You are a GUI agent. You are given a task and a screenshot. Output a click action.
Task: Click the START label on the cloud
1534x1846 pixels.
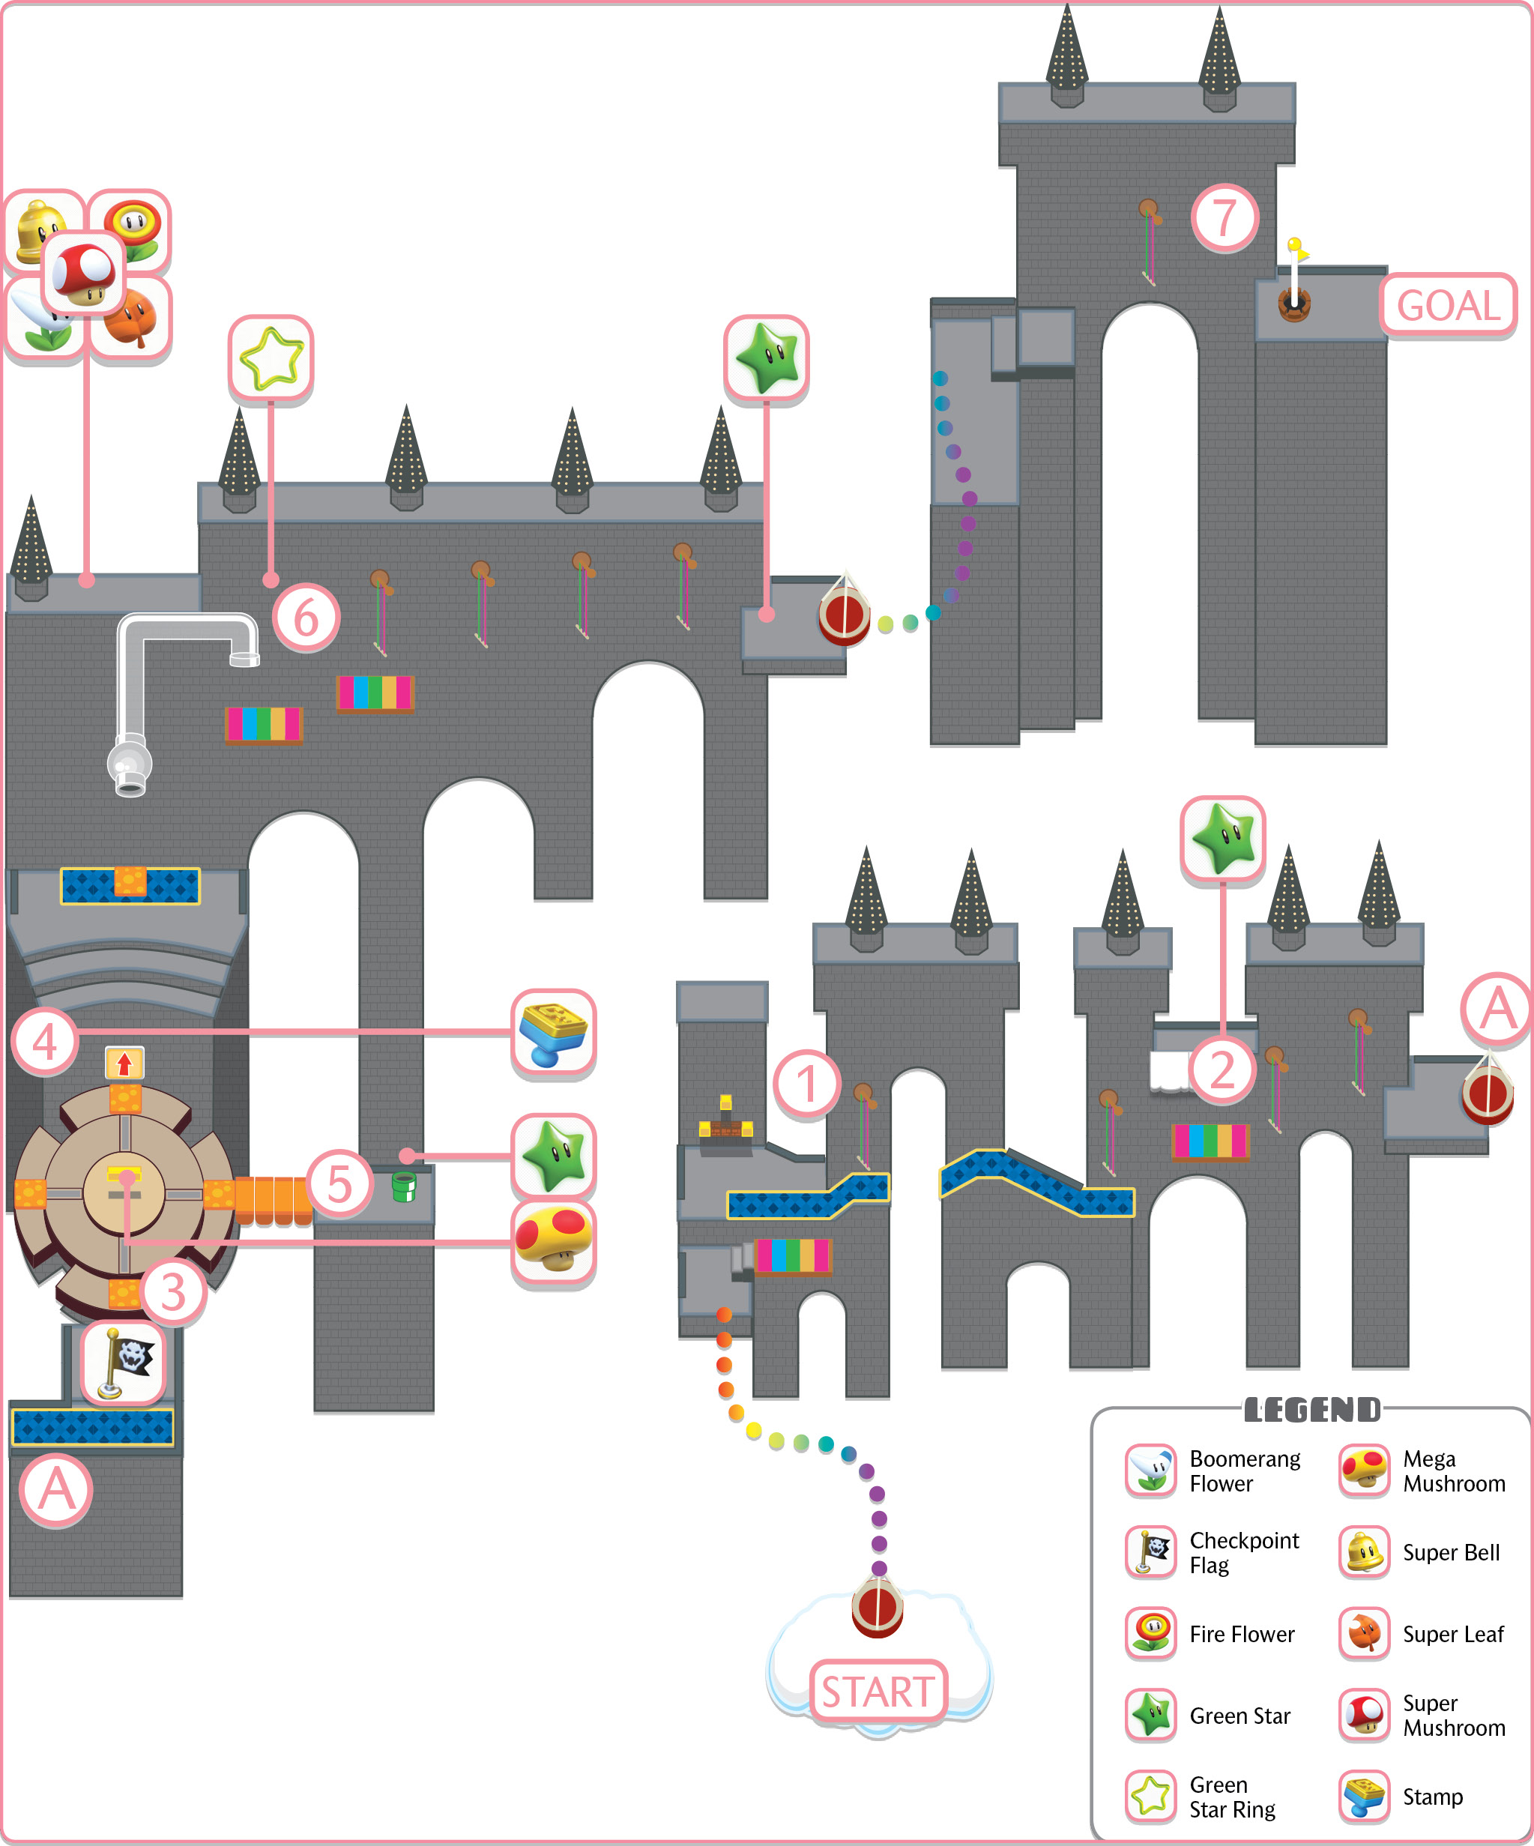pos(878,1692)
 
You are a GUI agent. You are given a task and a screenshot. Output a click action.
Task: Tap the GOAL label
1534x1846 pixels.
pos(1448,305)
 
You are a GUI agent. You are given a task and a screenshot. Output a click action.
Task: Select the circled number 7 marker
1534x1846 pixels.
pos(1225,217)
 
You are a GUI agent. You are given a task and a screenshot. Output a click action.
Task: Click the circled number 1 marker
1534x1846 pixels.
pos(807,1084)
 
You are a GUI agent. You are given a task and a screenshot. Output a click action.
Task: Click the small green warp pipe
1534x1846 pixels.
pos(403,1186)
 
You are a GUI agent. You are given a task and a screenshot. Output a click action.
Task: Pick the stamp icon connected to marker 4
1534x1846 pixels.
pos(553,1032)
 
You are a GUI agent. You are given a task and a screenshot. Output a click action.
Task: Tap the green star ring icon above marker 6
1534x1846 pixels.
pos(271,359)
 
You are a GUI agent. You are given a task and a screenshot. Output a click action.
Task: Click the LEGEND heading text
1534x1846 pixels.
pos(1312,1410)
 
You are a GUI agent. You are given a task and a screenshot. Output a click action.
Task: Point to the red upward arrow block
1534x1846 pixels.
pos(124,1063)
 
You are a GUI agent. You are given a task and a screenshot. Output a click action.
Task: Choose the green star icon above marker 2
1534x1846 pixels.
pos(1223,839)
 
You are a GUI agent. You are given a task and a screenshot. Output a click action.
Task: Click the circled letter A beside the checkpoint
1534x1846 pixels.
pos(55,1491)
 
